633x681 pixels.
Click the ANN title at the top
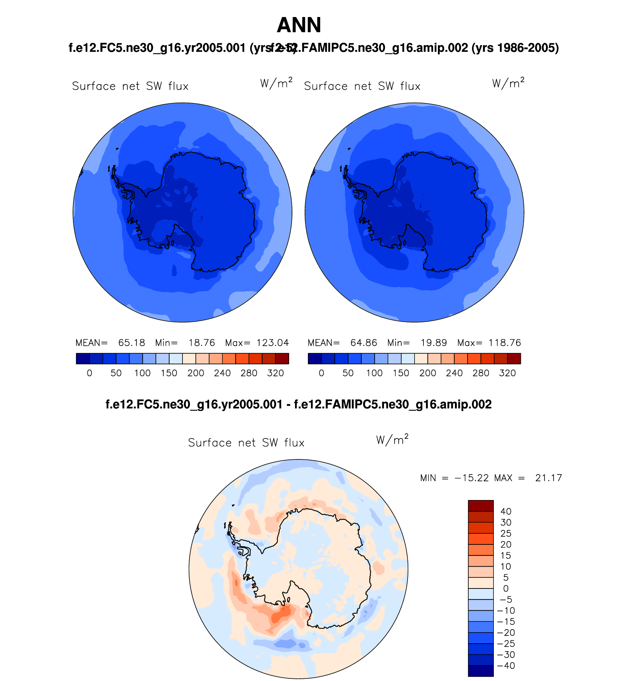point(299,25)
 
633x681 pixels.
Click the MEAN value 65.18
point(131,343)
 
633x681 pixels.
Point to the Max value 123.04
point(272,343)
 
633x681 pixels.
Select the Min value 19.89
point(433,343)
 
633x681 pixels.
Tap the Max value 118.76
point(505,343)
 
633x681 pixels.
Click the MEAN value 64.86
point(364,343)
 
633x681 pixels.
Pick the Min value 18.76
point(201,343)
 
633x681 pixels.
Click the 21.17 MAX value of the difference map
point(548,478)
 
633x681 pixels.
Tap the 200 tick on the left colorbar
point(195,373)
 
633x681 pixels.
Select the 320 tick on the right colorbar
point(507,373)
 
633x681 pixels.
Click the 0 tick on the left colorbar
point(89,373)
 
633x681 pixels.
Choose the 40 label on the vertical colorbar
point(506,511)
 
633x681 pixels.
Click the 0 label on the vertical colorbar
point(506,588)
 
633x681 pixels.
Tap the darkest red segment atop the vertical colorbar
point(480,506)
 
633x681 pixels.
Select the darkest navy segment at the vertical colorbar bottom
point(480,671)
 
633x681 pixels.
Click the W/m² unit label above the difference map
point(392,439)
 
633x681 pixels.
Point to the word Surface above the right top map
point(325,86)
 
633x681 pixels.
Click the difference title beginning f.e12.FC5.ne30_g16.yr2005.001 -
point(298,404)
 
